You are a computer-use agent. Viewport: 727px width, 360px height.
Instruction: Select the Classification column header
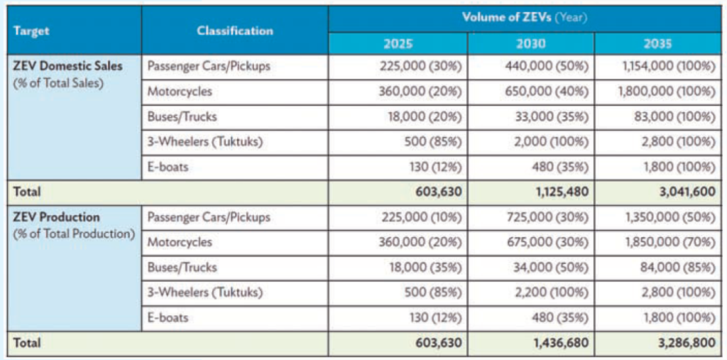point(234,31)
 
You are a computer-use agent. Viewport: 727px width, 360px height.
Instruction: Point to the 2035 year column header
point(656,44)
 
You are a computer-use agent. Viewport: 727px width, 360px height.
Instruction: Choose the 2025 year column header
point(398,44)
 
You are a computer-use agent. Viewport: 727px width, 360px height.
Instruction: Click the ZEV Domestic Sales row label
point(67,66)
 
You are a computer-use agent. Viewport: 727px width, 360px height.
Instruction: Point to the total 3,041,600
point(682,192)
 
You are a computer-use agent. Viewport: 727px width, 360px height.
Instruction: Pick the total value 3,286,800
point(682,343)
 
